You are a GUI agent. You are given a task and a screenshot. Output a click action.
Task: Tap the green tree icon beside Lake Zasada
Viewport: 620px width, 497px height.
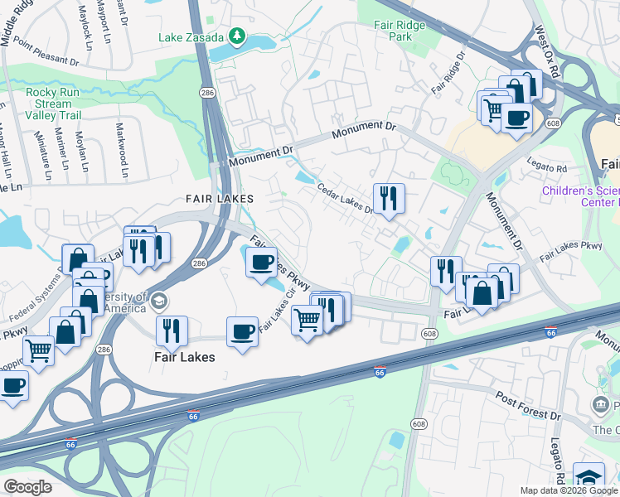coord(238,36)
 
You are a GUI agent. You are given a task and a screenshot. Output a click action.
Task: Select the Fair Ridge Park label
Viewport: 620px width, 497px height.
coord(400,31)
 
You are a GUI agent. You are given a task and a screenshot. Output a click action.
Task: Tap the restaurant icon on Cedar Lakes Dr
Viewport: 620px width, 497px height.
coord(389,199)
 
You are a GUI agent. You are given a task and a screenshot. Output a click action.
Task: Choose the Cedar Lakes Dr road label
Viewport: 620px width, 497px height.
coord(346,198)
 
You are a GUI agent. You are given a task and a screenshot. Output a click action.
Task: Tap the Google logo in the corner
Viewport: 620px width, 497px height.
coord(28,486)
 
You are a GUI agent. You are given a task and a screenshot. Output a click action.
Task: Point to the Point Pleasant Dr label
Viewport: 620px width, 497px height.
coord(46,55)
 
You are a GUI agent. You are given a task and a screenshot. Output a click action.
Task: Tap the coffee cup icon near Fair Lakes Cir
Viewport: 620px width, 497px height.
coord(242,331)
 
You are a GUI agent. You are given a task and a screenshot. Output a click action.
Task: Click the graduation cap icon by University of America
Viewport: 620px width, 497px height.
coord(159,301)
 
